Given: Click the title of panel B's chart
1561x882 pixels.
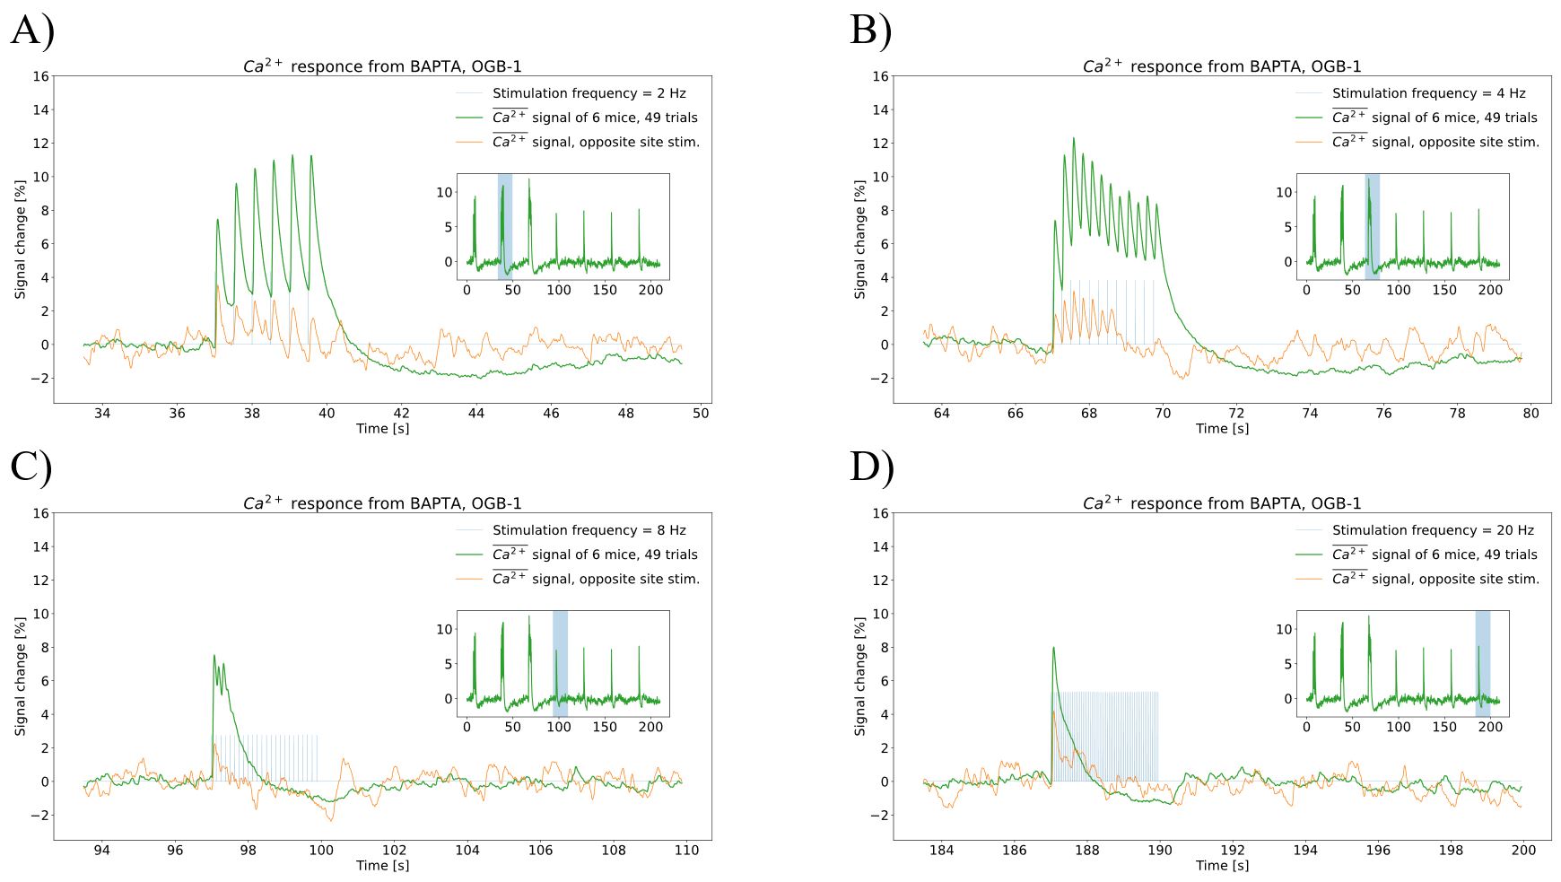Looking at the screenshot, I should point(1221,66).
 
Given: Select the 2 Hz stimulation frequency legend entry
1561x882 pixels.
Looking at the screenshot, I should point(589,93).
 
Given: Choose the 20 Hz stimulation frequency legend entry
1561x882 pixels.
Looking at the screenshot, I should point(1433,530).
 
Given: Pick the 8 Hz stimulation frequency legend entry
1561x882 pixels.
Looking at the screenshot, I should point(589,530).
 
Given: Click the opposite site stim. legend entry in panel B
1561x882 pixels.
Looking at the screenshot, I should point(1435,142).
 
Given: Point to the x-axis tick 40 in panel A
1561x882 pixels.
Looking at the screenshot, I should point(327,414).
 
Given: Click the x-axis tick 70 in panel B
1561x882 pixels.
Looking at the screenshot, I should point(1163,414).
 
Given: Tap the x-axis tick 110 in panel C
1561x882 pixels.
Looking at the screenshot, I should point(686,851).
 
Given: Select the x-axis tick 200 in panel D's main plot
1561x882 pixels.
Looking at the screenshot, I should point(1523,851).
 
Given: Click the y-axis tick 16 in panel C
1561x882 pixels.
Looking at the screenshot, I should point(40,513).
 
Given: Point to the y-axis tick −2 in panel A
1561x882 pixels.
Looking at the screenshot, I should point(38,379).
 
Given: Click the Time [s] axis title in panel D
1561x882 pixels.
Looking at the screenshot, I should point(1222,866).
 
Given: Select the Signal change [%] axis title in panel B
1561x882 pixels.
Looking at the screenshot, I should point(860,240).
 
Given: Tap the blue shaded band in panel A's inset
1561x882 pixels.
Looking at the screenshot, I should point(505,226).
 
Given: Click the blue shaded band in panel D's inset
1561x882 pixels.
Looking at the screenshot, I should point(1482,663).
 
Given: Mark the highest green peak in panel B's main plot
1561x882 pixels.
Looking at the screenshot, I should point(1073,138).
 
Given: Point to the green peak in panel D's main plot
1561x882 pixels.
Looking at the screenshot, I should point(1053,648).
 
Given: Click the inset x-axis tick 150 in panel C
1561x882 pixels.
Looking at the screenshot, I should point(605,727).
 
